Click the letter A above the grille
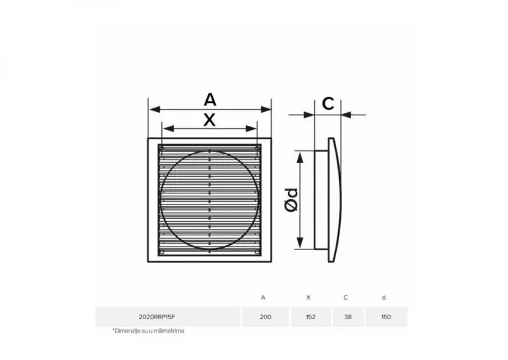coord(210,99)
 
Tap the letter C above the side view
coord(328,104)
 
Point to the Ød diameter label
coord(291,200)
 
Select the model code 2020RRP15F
coord(157,317)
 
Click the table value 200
coord(265,317)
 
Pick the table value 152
coord(310,317)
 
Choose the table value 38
coord(348,317)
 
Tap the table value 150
coord(386,317)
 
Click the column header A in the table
coord(263,297)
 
